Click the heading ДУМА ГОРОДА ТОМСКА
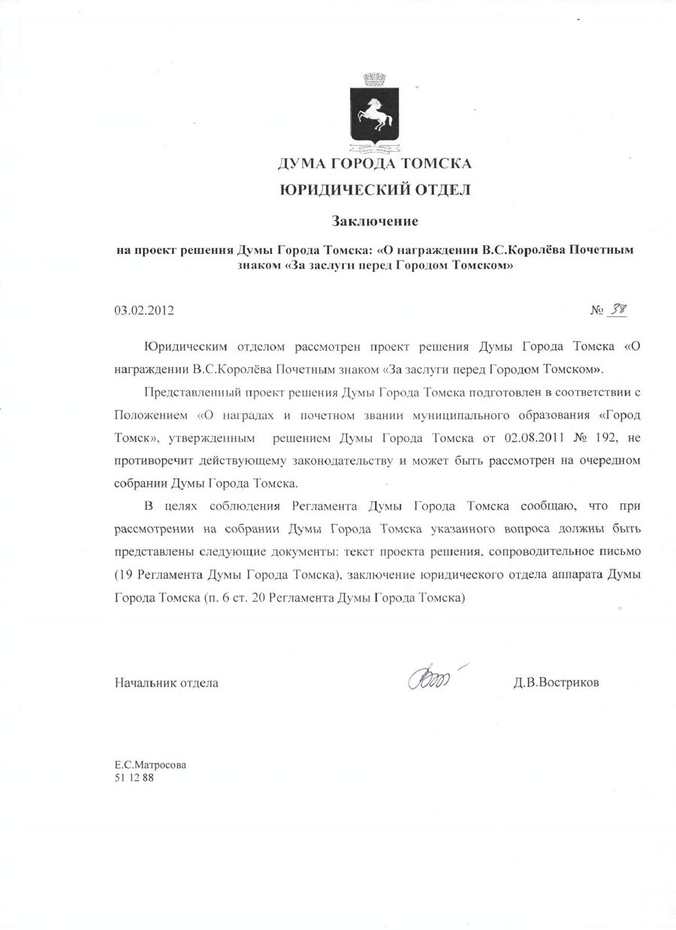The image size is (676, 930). pos(375,163)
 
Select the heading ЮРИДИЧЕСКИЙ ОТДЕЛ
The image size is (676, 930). pos(375,190)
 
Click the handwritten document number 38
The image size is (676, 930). pos(617,309)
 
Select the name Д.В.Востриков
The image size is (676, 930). pos(557,683)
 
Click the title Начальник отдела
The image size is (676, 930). pos(166,683)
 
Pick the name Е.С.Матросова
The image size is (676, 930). pos(150,765)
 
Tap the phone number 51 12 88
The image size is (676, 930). pos(134,778)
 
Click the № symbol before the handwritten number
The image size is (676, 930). pos(598,309)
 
